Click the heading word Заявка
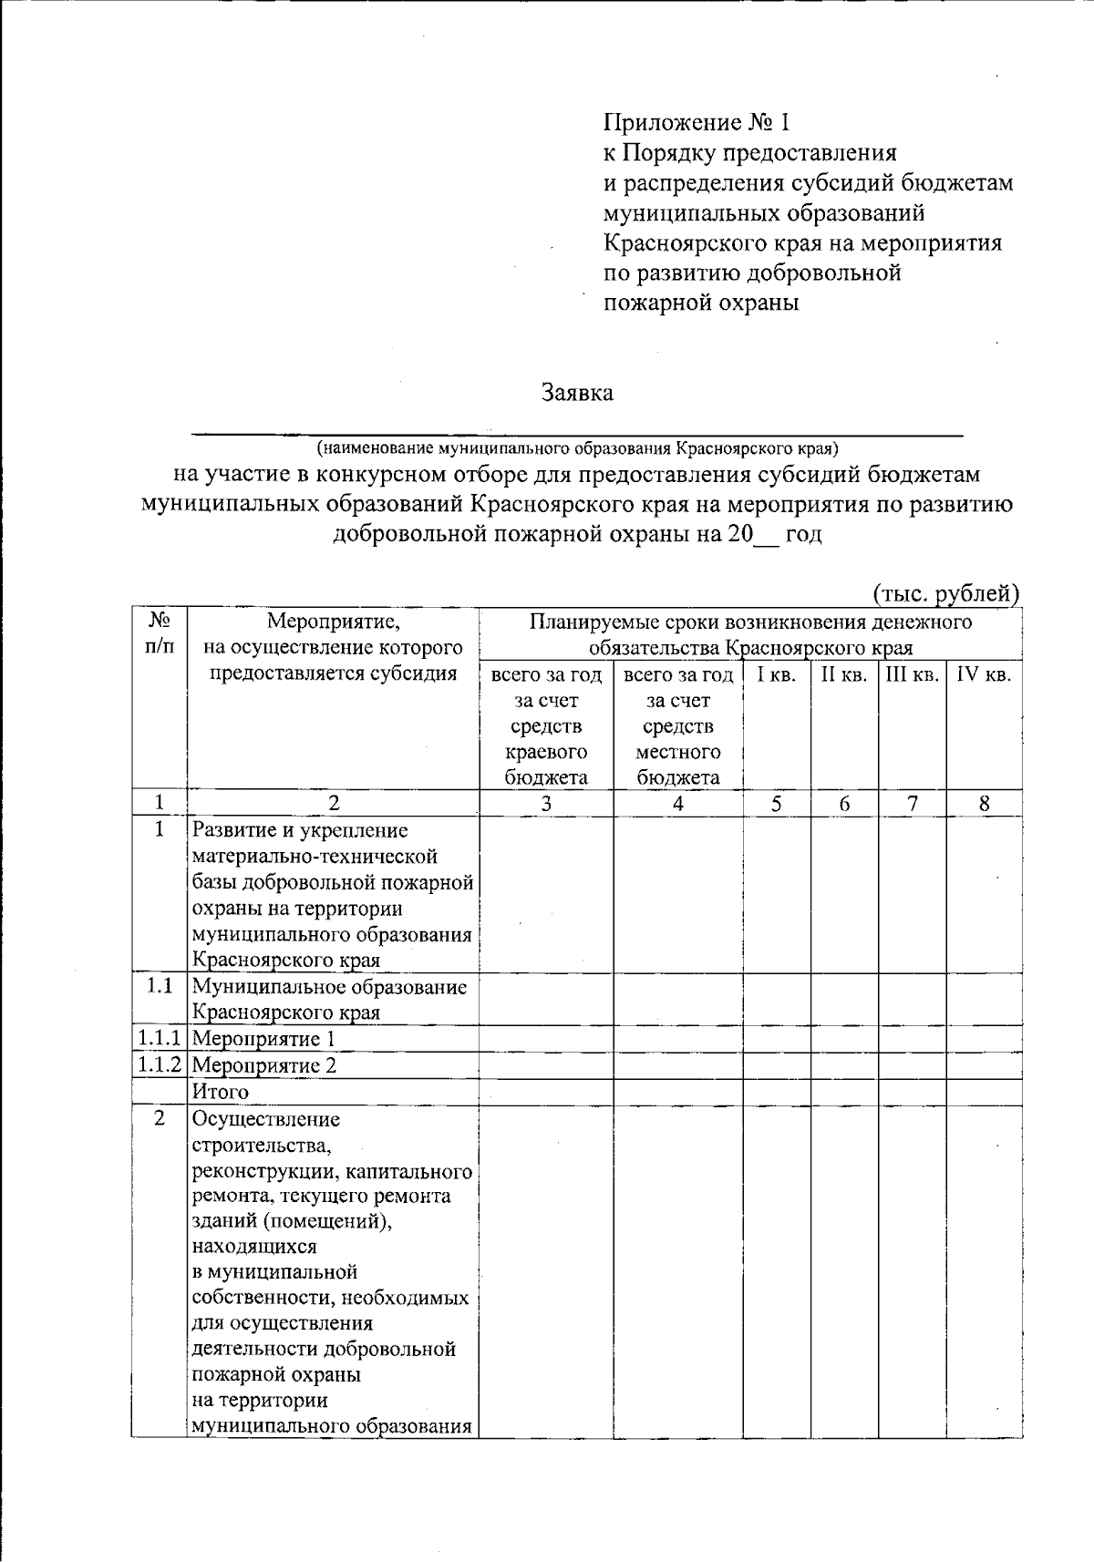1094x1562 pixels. pos(576,393)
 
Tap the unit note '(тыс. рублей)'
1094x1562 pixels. pos(945,594)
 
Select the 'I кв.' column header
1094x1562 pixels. pos(776,675)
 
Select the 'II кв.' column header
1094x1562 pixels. pos(843,675)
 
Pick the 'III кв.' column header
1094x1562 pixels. pos(912,675)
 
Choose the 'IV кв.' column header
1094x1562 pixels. pos(983,675)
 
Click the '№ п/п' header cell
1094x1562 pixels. pos(160,633)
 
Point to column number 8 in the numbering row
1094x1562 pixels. pos(984,803)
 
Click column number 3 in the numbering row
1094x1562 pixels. pos(545,803)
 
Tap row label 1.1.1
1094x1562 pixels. pos(160,1038)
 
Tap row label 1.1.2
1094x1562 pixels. pos(160,1064)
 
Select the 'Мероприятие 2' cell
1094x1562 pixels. pos(264,1064)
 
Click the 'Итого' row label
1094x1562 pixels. pos(220,1091)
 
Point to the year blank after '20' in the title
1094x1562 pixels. pos(766,536)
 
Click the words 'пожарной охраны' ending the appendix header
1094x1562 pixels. pos(701,303)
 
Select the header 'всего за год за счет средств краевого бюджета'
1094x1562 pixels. pos(545,726)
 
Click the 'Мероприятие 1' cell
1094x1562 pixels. pos(264,1038)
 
